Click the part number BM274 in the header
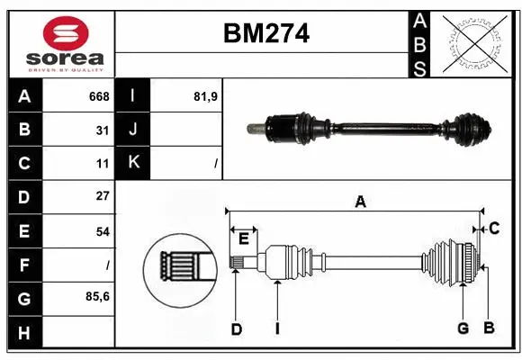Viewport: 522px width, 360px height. tap(265, 34)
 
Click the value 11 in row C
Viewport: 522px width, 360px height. tap(103, 164)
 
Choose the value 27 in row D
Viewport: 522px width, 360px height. tap(103, 196)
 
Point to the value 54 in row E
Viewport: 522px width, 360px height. tap(103, 231)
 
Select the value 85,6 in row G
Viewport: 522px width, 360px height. tap(98, 296)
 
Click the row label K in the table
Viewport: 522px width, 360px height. tap(133, 163)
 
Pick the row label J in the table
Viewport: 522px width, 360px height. tap(133, 130)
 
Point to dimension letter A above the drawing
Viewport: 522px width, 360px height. tap(360, 202)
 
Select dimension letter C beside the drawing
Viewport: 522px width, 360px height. tap(494, 229)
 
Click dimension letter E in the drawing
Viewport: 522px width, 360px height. tap(243, 238)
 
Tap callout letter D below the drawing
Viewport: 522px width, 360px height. tap(236, 329)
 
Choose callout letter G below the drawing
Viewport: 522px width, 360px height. tap(463, 328)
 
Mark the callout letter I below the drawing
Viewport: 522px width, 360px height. tap(277, 329)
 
